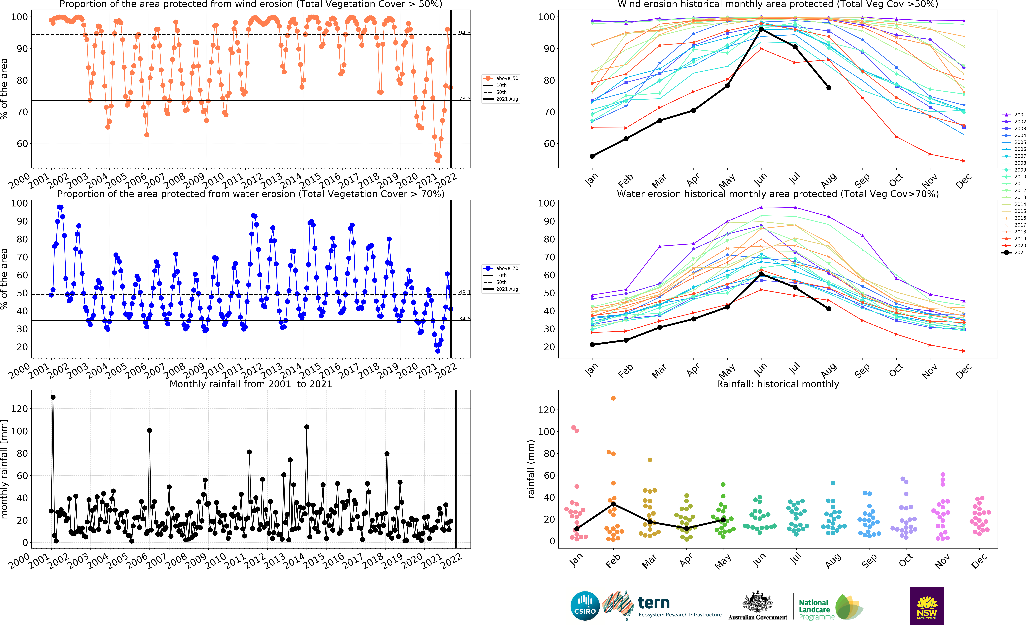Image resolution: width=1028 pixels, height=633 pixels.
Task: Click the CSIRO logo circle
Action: click(585, 606)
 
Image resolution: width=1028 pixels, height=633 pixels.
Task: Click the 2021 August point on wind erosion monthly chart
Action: click(829, 87)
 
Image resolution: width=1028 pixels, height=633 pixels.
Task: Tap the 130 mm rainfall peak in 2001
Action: click(53, 397)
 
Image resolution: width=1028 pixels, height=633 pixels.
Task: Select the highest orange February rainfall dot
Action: click(613, 398)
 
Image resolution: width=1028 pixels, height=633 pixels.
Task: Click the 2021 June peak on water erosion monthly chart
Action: click(761, 274)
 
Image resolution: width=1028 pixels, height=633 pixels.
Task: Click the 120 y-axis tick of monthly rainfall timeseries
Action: click(19, 409)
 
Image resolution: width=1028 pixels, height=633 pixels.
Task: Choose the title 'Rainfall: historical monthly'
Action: click(778, 384)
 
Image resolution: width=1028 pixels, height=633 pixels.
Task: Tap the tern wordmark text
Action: click(653, 603)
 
